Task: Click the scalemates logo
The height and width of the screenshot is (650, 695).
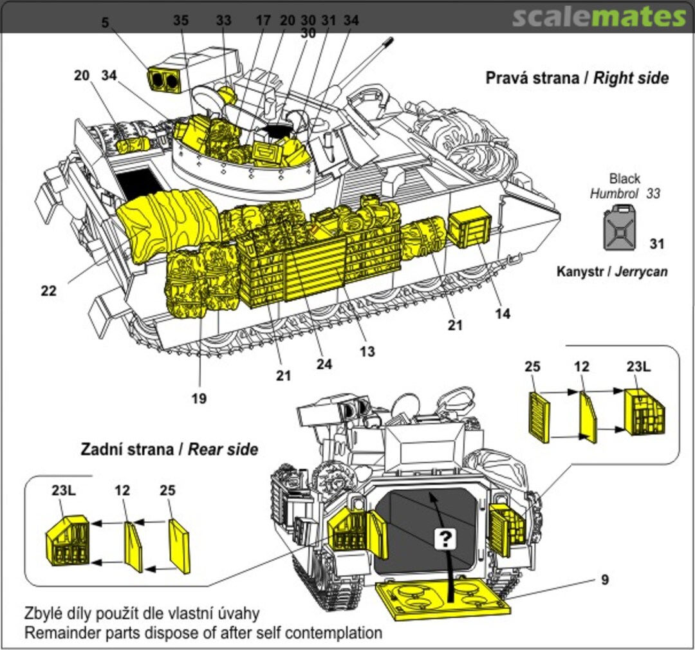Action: [x=599, y=17]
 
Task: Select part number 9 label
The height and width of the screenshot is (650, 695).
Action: [x=605, y=580]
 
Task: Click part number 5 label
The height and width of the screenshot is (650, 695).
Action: [x=105, y=23]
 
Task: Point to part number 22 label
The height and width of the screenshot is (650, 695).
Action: [x=49, y=291]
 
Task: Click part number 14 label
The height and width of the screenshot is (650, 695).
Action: [x=503, y=313]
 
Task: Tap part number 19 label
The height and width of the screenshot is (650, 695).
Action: [x=199, y=398]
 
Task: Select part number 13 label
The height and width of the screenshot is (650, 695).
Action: [x=367, y=351]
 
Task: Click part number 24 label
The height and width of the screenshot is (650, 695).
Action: [x=324, y=364]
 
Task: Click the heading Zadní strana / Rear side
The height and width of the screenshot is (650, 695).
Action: [x=169, y=449]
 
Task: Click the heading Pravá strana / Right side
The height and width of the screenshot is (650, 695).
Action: [x=577, y=79]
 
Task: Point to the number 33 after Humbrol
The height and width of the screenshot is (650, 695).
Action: [x=653, y=193]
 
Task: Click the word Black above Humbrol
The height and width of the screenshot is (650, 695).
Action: [x=624, y=179]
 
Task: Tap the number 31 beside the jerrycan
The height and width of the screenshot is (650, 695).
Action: [x=656, y=244]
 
